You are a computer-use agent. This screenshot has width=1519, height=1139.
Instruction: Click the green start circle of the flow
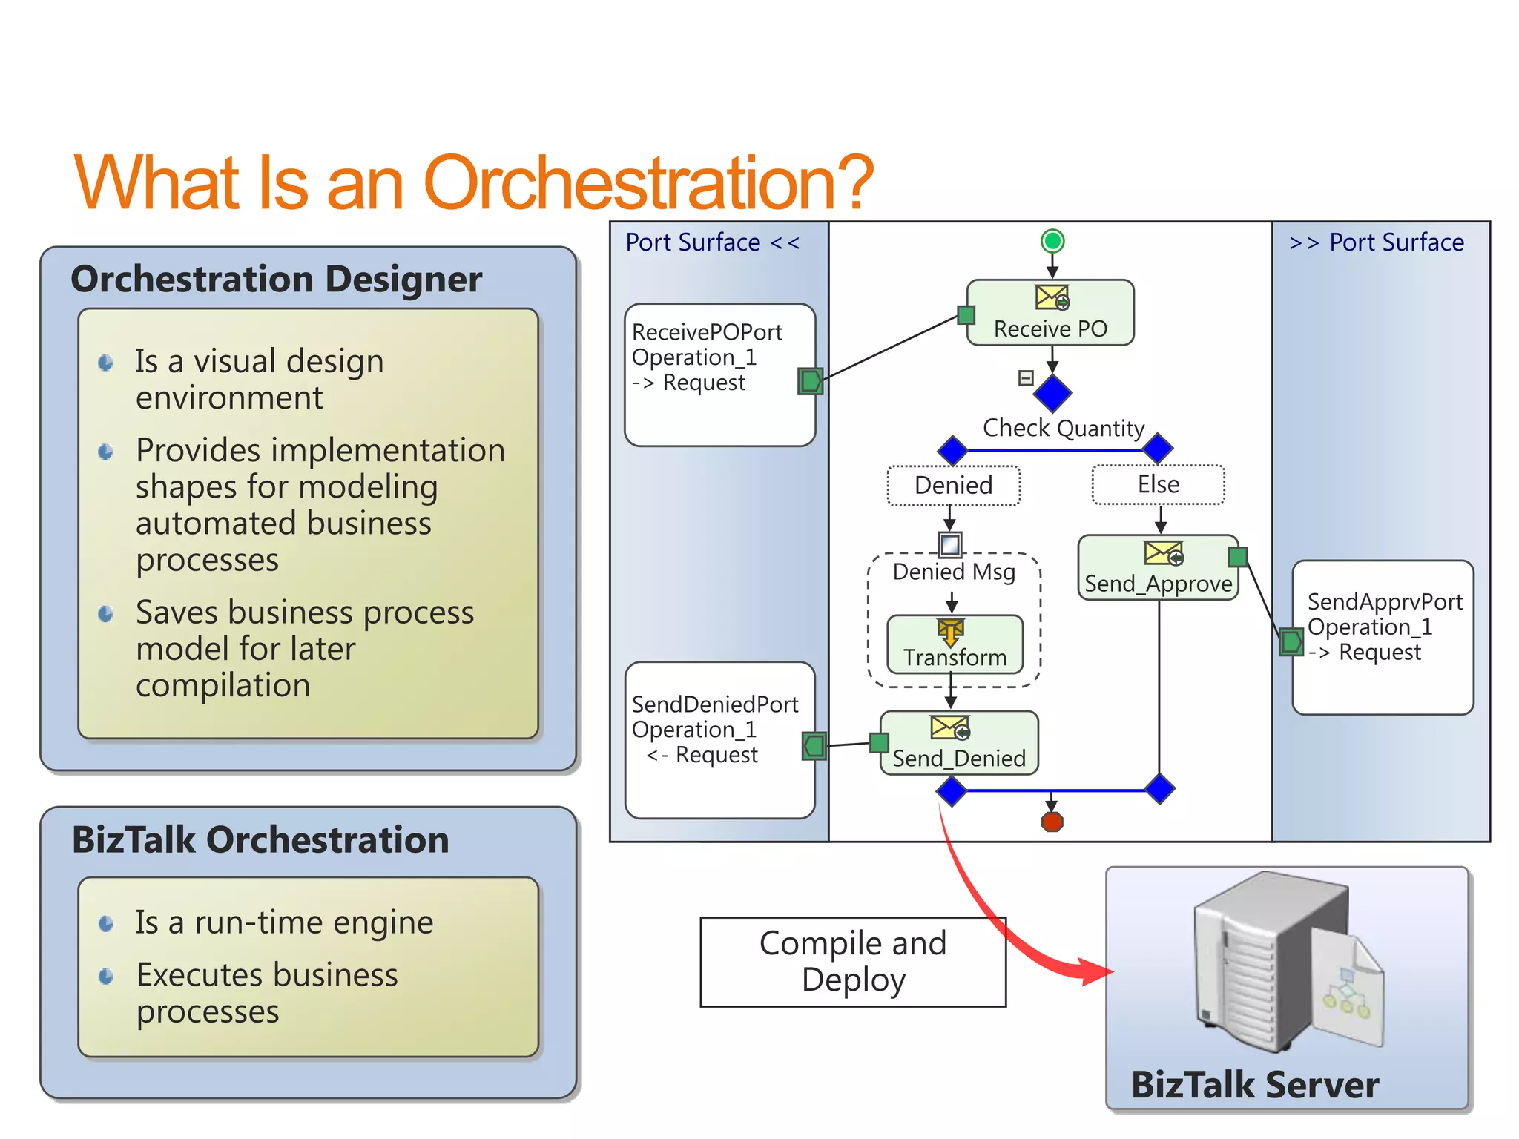point(1052,241)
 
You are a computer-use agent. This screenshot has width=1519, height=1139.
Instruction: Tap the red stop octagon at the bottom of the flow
point(1052,822)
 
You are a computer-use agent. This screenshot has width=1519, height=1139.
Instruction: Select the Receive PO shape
point(1050,313)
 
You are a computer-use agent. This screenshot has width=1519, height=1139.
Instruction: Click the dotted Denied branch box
point(953,486)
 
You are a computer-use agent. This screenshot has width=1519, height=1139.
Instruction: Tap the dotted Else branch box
point(1158,485)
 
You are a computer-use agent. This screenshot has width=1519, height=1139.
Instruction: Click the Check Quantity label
point(1063,428)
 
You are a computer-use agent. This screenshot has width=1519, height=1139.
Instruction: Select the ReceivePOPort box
point(719,375)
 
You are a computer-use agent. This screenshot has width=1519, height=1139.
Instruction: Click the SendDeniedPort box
point(719,740)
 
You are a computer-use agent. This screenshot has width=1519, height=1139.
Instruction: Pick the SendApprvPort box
point(1383,638)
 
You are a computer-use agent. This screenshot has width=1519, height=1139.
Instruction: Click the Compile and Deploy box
point(853,962)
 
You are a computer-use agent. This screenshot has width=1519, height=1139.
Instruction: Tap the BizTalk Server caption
point(1254,1085)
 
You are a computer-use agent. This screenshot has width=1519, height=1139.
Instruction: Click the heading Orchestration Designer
point(276,280)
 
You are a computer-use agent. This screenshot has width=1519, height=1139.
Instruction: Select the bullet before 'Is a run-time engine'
point(106,924)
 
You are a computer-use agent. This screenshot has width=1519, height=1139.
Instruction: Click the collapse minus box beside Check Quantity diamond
point(1026,378)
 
